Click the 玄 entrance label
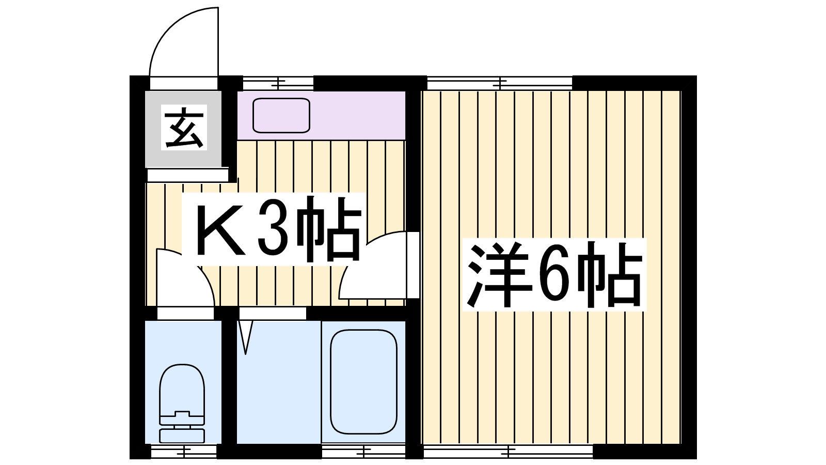point(184,127)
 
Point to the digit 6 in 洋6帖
point(553,275)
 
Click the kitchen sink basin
point(281,115)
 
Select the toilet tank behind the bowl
point(182,436)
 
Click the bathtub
point(363,382)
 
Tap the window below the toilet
point(184,452)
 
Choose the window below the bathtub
point(363,451)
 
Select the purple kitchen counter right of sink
point(358,115)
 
